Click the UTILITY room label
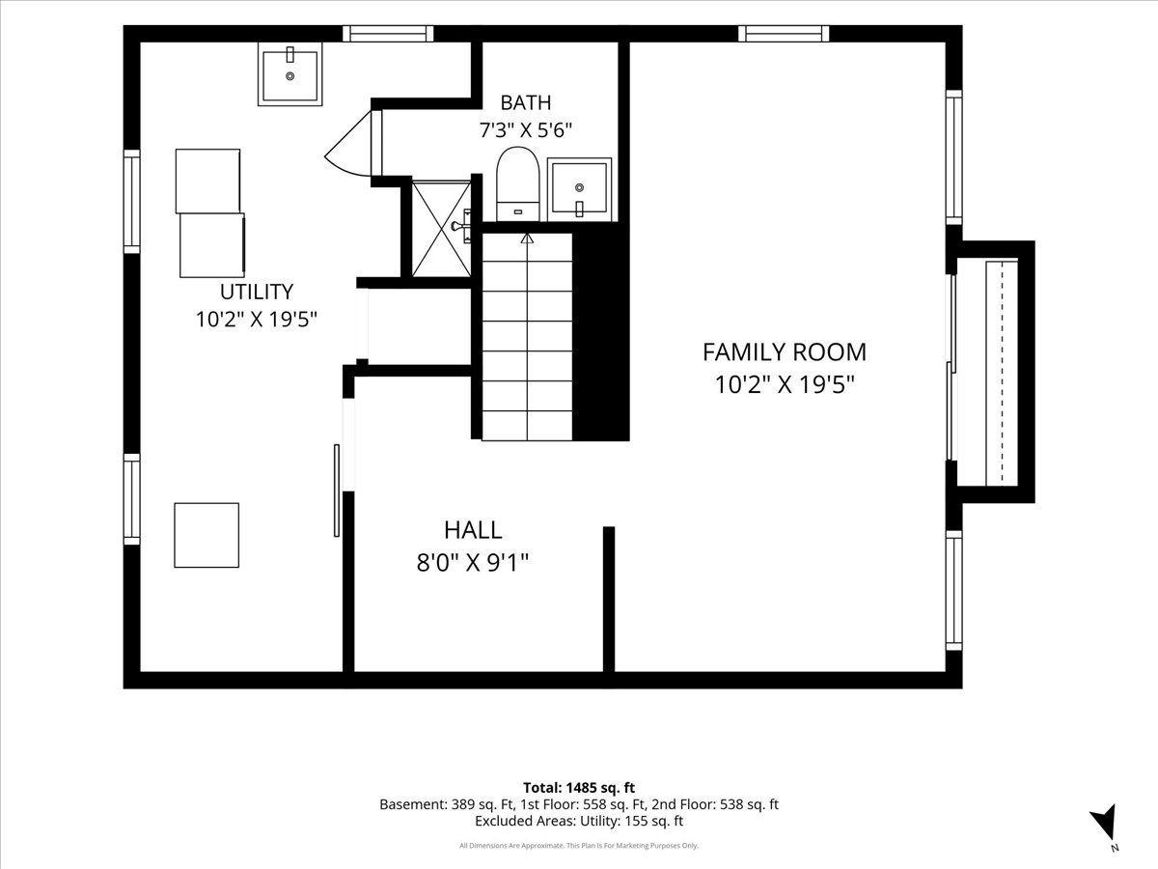(257, 292)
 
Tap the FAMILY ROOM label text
(785, 352)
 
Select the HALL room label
(473, 530)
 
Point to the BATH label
(526, 102)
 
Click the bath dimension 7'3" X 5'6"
(526, 129)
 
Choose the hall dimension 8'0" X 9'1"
(473, 563)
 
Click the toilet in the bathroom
(517, 184)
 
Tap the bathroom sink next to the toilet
(579, 189)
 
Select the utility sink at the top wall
(289, 74)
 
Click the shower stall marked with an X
(441, 229)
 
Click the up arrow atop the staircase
(527, 239)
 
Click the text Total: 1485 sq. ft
(579, 788)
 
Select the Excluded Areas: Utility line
(579, 821)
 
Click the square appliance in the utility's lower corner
(207, 535)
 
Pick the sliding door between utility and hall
(336, 491)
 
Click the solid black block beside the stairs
(601, 336)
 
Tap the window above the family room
(784, 33)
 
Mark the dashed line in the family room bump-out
(1002, 372)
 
